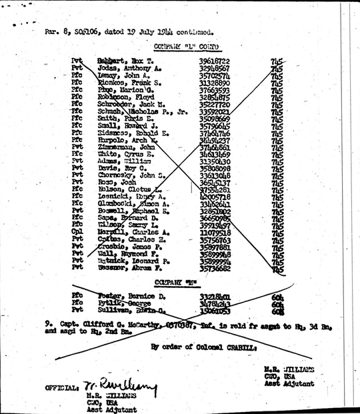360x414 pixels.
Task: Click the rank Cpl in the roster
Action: coord(77,250)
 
